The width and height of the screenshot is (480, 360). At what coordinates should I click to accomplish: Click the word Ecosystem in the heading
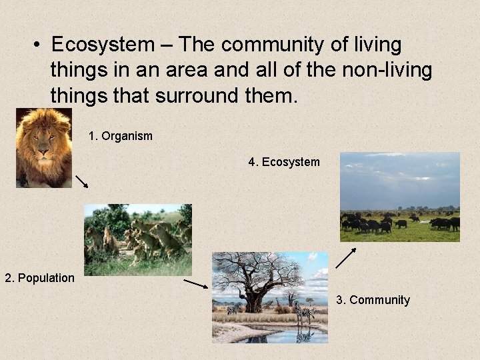pos(102,45)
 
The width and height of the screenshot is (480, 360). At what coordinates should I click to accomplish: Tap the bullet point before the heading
pos(39,45)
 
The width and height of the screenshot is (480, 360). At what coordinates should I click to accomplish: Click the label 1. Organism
pos(120,136)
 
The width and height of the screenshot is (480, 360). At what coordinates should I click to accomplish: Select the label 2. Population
pos(39,278)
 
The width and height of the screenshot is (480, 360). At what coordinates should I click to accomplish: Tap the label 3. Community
pos(373,300)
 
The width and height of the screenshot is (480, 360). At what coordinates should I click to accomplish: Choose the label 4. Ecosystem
pos(284,162)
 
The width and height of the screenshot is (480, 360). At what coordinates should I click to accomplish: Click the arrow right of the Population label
pos(196,284)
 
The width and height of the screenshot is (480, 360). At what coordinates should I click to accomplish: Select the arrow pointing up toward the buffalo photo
pos(346,257)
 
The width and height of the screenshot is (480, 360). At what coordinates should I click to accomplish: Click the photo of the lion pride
pos(137,239)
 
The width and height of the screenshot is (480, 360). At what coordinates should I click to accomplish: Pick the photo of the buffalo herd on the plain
pos(399,197)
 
